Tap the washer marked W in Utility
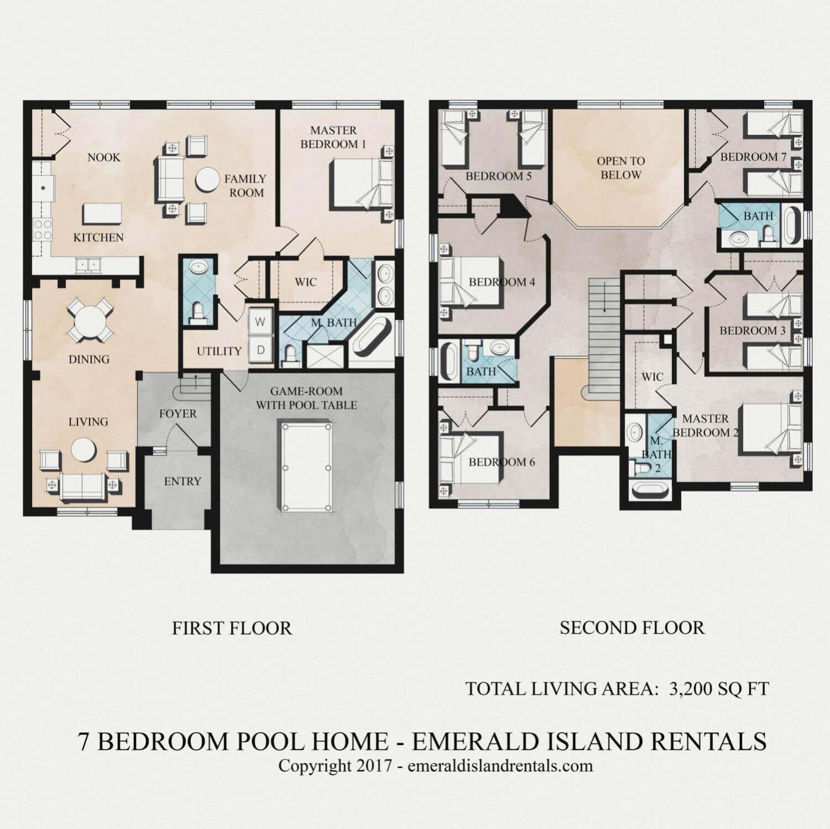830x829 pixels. (260, 322)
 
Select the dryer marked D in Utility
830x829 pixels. (260, 350)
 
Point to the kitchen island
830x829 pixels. (102, 213)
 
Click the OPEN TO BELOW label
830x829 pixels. (620, 168)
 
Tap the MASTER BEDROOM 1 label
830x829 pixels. (333, 137)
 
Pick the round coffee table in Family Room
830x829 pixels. (207, 180)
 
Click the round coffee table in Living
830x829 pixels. (83, 450)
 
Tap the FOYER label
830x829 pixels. (178, 414)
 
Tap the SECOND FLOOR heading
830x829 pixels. (632, 628)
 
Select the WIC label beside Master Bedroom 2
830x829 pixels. (652, 377)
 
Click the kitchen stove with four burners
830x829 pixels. (43, 228)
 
